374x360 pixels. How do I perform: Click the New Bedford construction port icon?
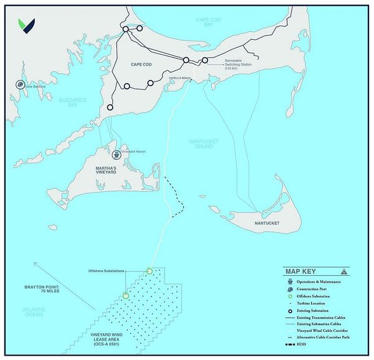[x=21, y=85]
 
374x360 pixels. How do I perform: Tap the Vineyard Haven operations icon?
[x=115, y=150]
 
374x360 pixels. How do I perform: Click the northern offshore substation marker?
[x=150, y=271]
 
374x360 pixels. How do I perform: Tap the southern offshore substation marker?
[x=125, y=296]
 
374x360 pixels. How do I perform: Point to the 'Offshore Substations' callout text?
[x=107, y=271]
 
